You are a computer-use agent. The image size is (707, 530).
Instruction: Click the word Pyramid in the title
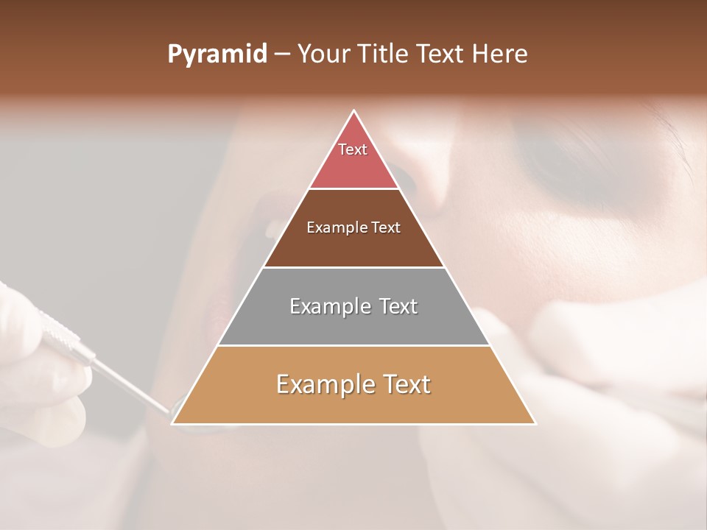(x=217, y=54)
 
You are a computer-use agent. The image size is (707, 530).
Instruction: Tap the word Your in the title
(x=324, y=54)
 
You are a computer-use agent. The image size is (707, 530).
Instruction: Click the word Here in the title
(x=500, y=54)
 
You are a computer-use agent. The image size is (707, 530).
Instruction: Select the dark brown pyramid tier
(x=353, y=247)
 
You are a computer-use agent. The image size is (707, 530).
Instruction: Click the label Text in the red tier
(x=353, y=149)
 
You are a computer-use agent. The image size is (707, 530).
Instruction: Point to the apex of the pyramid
(x=354, y=112)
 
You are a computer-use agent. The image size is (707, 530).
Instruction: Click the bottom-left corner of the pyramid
(x=173, y=423)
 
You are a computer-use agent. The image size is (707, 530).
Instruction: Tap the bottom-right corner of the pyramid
(x=535, y=423)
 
